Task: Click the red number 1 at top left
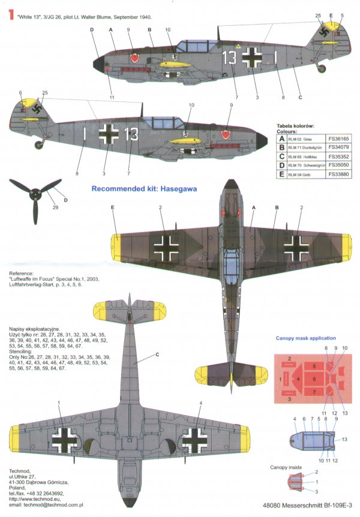pyautogui.click(x=10, y=17)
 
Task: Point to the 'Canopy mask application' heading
pyautogui.click(x=306, y=338)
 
